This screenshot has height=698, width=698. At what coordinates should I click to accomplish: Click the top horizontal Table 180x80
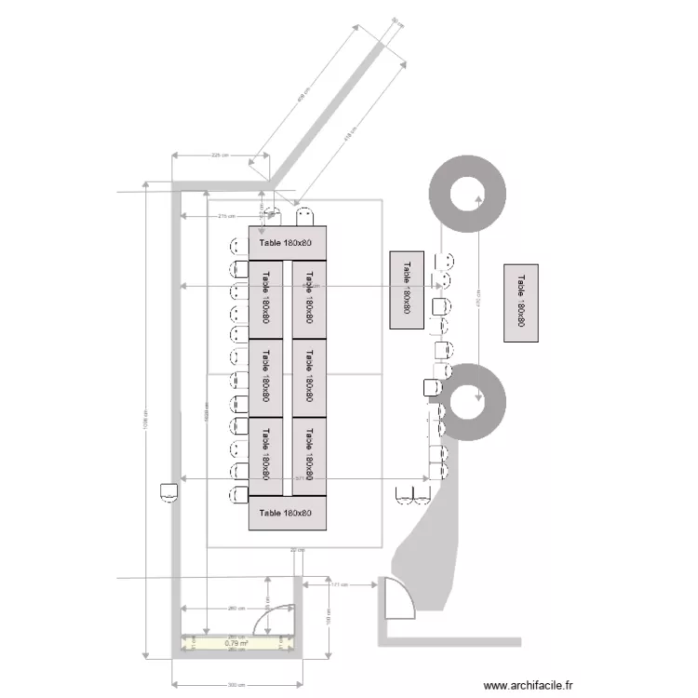tap(287, 243)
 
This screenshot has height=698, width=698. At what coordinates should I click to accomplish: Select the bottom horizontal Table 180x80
tap(287, 513)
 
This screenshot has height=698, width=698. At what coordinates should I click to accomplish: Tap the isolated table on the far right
tap(520, 303)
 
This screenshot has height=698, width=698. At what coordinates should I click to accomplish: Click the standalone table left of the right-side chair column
tap(407, 289)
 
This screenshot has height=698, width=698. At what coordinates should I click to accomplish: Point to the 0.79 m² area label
tap(236, 643)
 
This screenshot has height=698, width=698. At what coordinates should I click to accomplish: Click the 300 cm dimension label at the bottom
tap(236, 684)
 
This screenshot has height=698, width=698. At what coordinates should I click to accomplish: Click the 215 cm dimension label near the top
tap(223, 216)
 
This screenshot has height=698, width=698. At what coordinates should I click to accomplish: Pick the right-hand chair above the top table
tap(304, 218)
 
